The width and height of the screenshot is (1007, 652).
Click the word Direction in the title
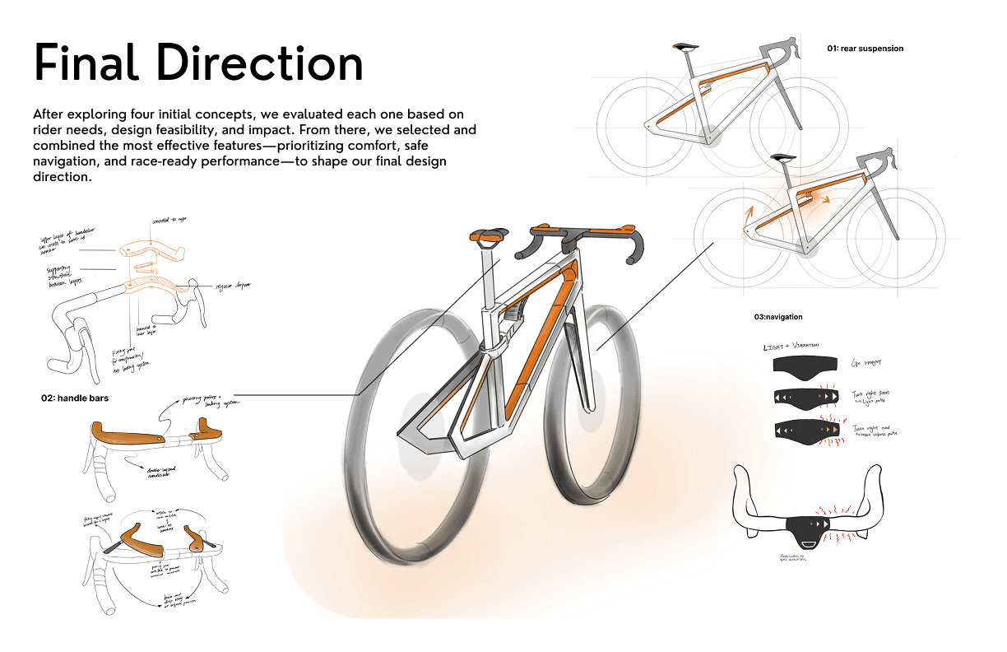pos(262,63)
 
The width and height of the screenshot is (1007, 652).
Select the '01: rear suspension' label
pos(865,49)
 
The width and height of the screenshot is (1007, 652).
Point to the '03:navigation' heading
pos(777,317)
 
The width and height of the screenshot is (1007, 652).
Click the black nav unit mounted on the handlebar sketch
pos(808,527)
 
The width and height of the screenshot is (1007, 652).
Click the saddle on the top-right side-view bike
pos(684,48)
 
